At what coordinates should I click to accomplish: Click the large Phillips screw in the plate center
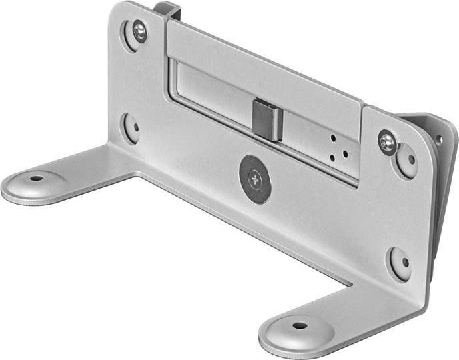point(255,179)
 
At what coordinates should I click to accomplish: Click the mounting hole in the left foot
point(36,179)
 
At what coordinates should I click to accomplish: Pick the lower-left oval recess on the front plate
point(131,127)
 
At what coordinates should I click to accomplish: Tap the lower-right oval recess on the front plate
point(400,263)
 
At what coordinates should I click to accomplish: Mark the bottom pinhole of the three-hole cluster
point(332,158)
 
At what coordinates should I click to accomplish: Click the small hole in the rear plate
point(438,140)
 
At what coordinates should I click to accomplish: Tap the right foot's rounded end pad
point(297,332)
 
